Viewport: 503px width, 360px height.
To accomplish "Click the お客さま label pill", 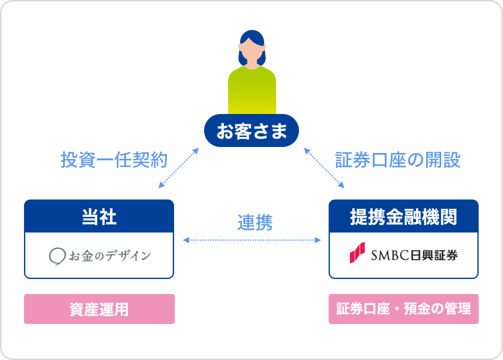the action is [x=251, y=130].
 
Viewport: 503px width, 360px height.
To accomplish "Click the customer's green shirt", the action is [x=252, y=91].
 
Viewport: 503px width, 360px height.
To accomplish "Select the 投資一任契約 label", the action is [x=114, y=160].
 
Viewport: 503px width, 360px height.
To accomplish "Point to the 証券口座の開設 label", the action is [x=398, y=160].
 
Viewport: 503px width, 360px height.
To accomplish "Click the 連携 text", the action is [x=255, y=223].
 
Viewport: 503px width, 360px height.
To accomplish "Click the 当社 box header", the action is [x=99, y=217].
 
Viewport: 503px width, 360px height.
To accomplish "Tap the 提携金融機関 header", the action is [x=403, y=217].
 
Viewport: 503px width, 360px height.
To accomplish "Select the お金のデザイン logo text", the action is [x=110, y=256].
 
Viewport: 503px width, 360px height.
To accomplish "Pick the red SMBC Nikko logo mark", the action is [x=357, y=253].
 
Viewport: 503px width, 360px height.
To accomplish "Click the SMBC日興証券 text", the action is [x=414, y=255].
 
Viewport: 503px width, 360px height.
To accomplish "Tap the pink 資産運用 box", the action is [x=100, y=309].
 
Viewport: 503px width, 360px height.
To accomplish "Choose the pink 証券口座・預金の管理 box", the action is [x=403, y=309].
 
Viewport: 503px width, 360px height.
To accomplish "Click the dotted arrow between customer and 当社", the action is [x=179, y=167].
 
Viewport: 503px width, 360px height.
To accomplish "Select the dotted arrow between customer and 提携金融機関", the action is [x=324, y=167].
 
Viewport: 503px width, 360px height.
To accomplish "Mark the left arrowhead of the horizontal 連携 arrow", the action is [x=186, y=240].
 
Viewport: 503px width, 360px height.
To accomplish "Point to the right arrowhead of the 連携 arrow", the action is [x=318, y=240].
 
